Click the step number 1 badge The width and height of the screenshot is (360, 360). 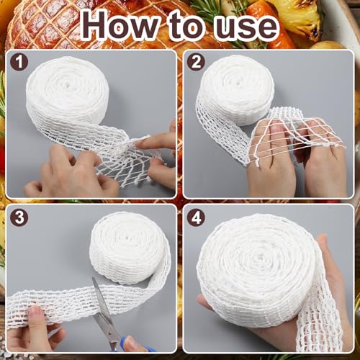pos(19,62)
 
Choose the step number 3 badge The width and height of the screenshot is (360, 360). pos(19,216)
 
